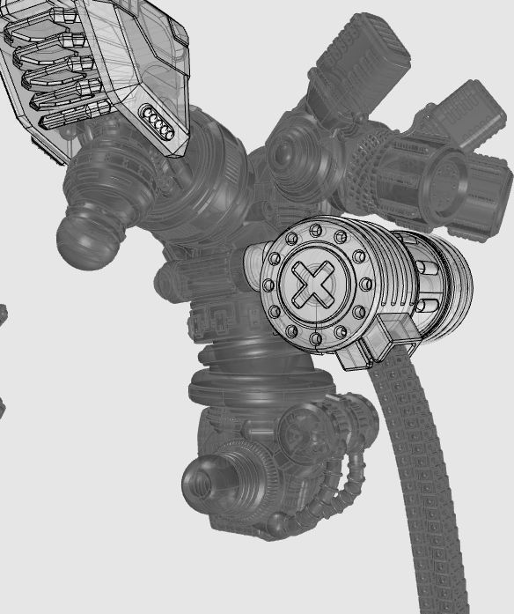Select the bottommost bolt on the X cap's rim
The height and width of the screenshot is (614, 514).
[315, 338]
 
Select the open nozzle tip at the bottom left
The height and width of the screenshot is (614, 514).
[200, 484]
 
